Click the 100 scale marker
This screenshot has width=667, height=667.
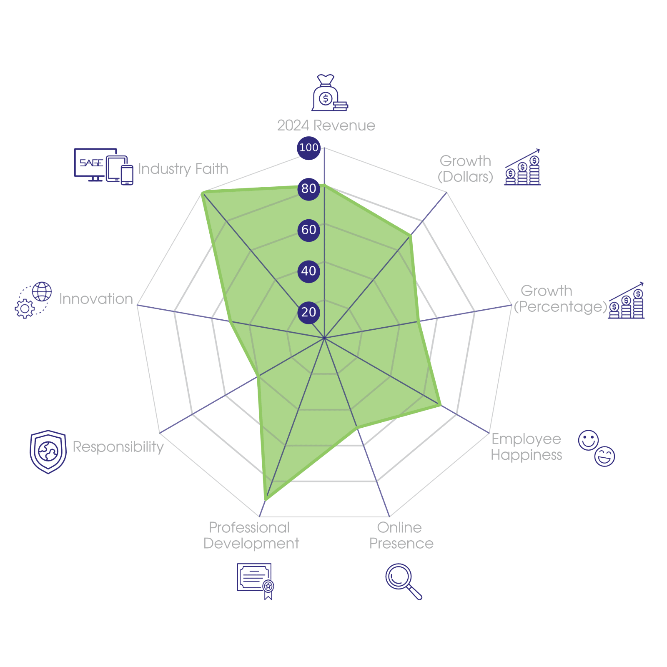click(x=308, y=148)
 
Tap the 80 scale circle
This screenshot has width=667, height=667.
click(x=308, y=188)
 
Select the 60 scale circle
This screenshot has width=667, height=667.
click(x=308, y=230)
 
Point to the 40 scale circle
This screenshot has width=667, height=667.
click(x=308, y=271)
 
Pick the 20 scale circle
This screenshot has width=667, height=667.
click(x=308, y=312)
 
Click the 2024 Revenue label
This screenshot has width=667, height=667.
click(x=326, y=125)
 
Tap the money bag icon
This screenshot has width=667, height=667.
click(x=329, y=93)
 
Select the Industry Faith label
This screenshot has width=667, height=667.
click(x=183, y=169)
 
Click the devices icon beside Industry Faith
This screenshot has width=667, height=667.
click(x=103, y=166)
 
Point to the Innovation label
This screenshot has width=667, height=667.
click(x=96, y=299)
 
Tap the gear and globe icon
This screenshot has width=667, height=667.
click(x=34, y=300)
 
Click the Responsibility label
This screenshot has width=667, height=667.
click(x=118, y=447)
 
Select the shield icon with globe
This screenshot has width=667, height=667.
click(x=48, y=452)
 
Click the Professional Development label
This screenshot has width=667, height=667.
click(x=251, y=536)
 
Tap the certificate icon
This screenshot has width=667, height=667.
click(x=255, y=581)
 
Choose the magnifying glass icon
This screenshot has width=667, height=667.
click(x=403, y=581)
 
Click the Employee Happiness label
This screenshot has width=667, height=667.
click(x=526, y=447)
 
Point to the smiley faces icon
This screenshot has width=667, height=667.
click(x=597, y=448)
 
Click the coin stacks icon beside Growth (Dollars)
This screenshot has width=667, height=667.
click(x=523, y=168)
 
